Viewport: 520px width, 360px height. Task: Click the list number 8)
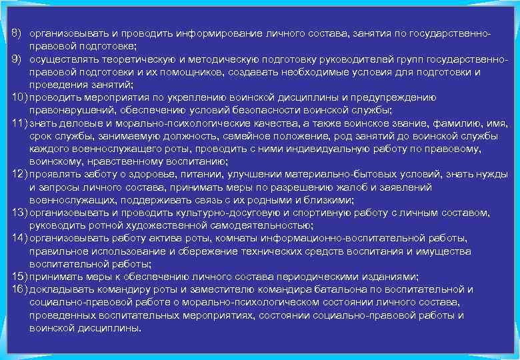coord(18,33)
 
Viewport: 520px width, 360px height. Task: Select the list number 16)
coord(19,289)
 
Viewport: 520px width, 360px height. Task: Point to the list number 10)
coord(19,97)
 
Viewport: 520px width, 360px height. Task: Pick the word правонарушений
coord(68,110)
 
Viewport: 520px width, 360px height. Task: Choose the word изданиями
coord(387,277)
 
